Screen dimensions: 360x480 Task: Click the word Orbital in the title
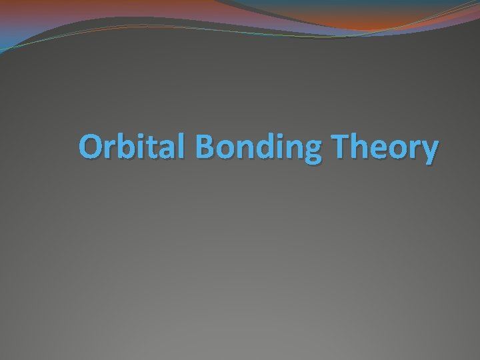tap(134, 147)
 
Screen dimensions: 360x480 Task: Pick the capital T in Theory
tap(345, 147)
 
